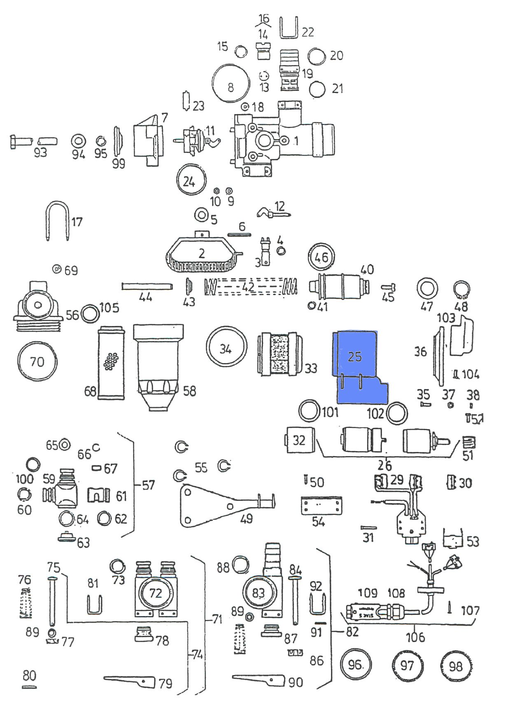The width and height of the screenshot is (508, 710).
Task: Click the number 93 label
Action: [40, 153]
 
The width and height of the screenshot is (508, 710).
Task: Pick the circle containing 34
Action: [226, 348]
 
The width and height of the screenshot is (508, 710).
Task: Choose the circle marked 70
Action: [37, 361]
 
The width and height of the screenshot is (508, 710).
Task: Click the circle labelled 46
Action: [322, 257]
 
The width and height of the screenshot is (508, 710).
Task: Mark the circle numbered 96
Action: [356, 664]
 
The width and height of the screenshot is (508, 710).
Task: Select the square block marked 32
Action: [299, 440]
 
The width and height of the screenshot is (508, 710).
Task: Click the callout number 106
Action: [415, 637]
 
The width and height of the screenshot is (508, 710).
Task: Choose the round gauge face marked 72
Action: [156, 593]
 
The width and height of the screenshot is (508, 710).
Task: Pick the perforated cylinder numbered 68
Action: [111, 363]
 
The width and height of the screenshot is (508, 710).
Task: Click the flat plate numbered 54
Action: [322, 505]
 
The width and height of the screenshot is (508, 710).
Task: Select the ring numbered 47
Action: [427, 289]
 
